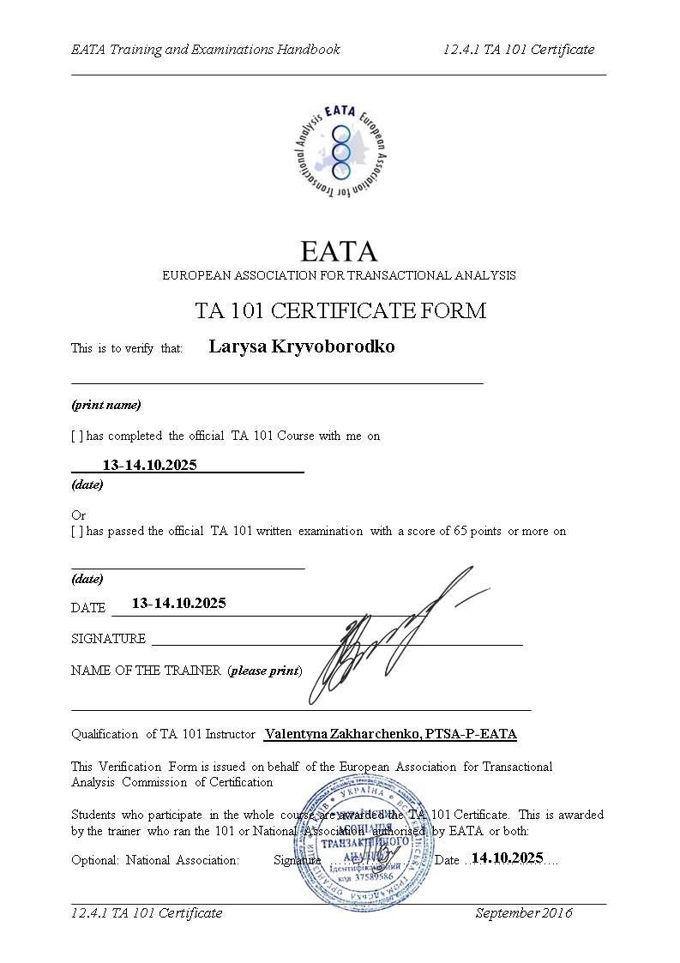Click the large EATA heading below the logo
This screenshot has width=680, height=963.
[x=339, y=251]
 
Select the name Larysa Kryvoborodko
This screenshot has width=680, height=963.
[x=302, y=346]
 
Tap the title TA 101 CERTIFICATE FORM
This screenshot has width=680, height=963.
[x=340, y=310]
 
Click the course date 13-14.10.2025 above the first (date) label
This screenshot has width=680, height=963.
[x=149, y=465]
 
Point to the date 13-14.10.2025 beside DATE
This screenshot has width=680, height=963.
[x=178, y=603]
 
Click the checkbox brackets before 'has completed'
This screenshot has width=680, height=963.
[x=77, y=436]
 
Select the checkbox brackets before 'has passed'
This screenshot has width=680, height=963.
[x=77, y=531]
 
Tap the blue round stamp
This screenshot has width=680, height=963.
[x=364, y=840]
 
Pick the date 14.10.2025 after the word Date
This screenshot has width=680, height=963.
[x=507, y=858]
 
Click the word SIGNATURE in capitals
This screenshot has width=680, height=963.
[x=108, y=639]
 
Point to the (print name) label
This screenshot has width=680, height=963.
[x=105, y=404]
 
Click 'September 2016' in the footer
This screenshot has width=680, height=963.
[x=524, y=912]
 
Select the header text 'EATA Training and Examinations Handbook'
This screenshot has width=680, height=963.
[x=206, y=49]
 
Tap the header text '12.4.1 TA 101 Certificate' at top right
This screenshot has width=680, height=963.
[x=518, y=49]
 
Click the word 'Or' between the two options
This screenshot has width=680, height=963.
[x=78, y=515]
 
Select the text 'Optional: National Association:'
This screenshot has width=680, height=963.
[x=155, y=860]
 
